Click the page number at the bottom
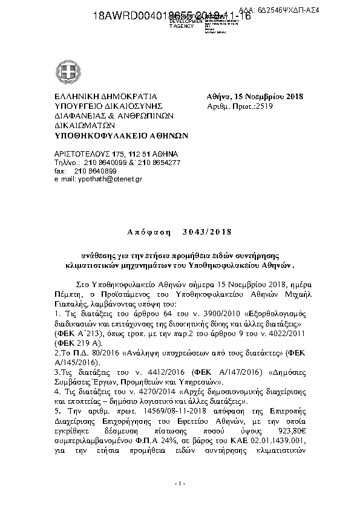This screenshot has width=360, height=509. pyautogui.click(x=180, y=484)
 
